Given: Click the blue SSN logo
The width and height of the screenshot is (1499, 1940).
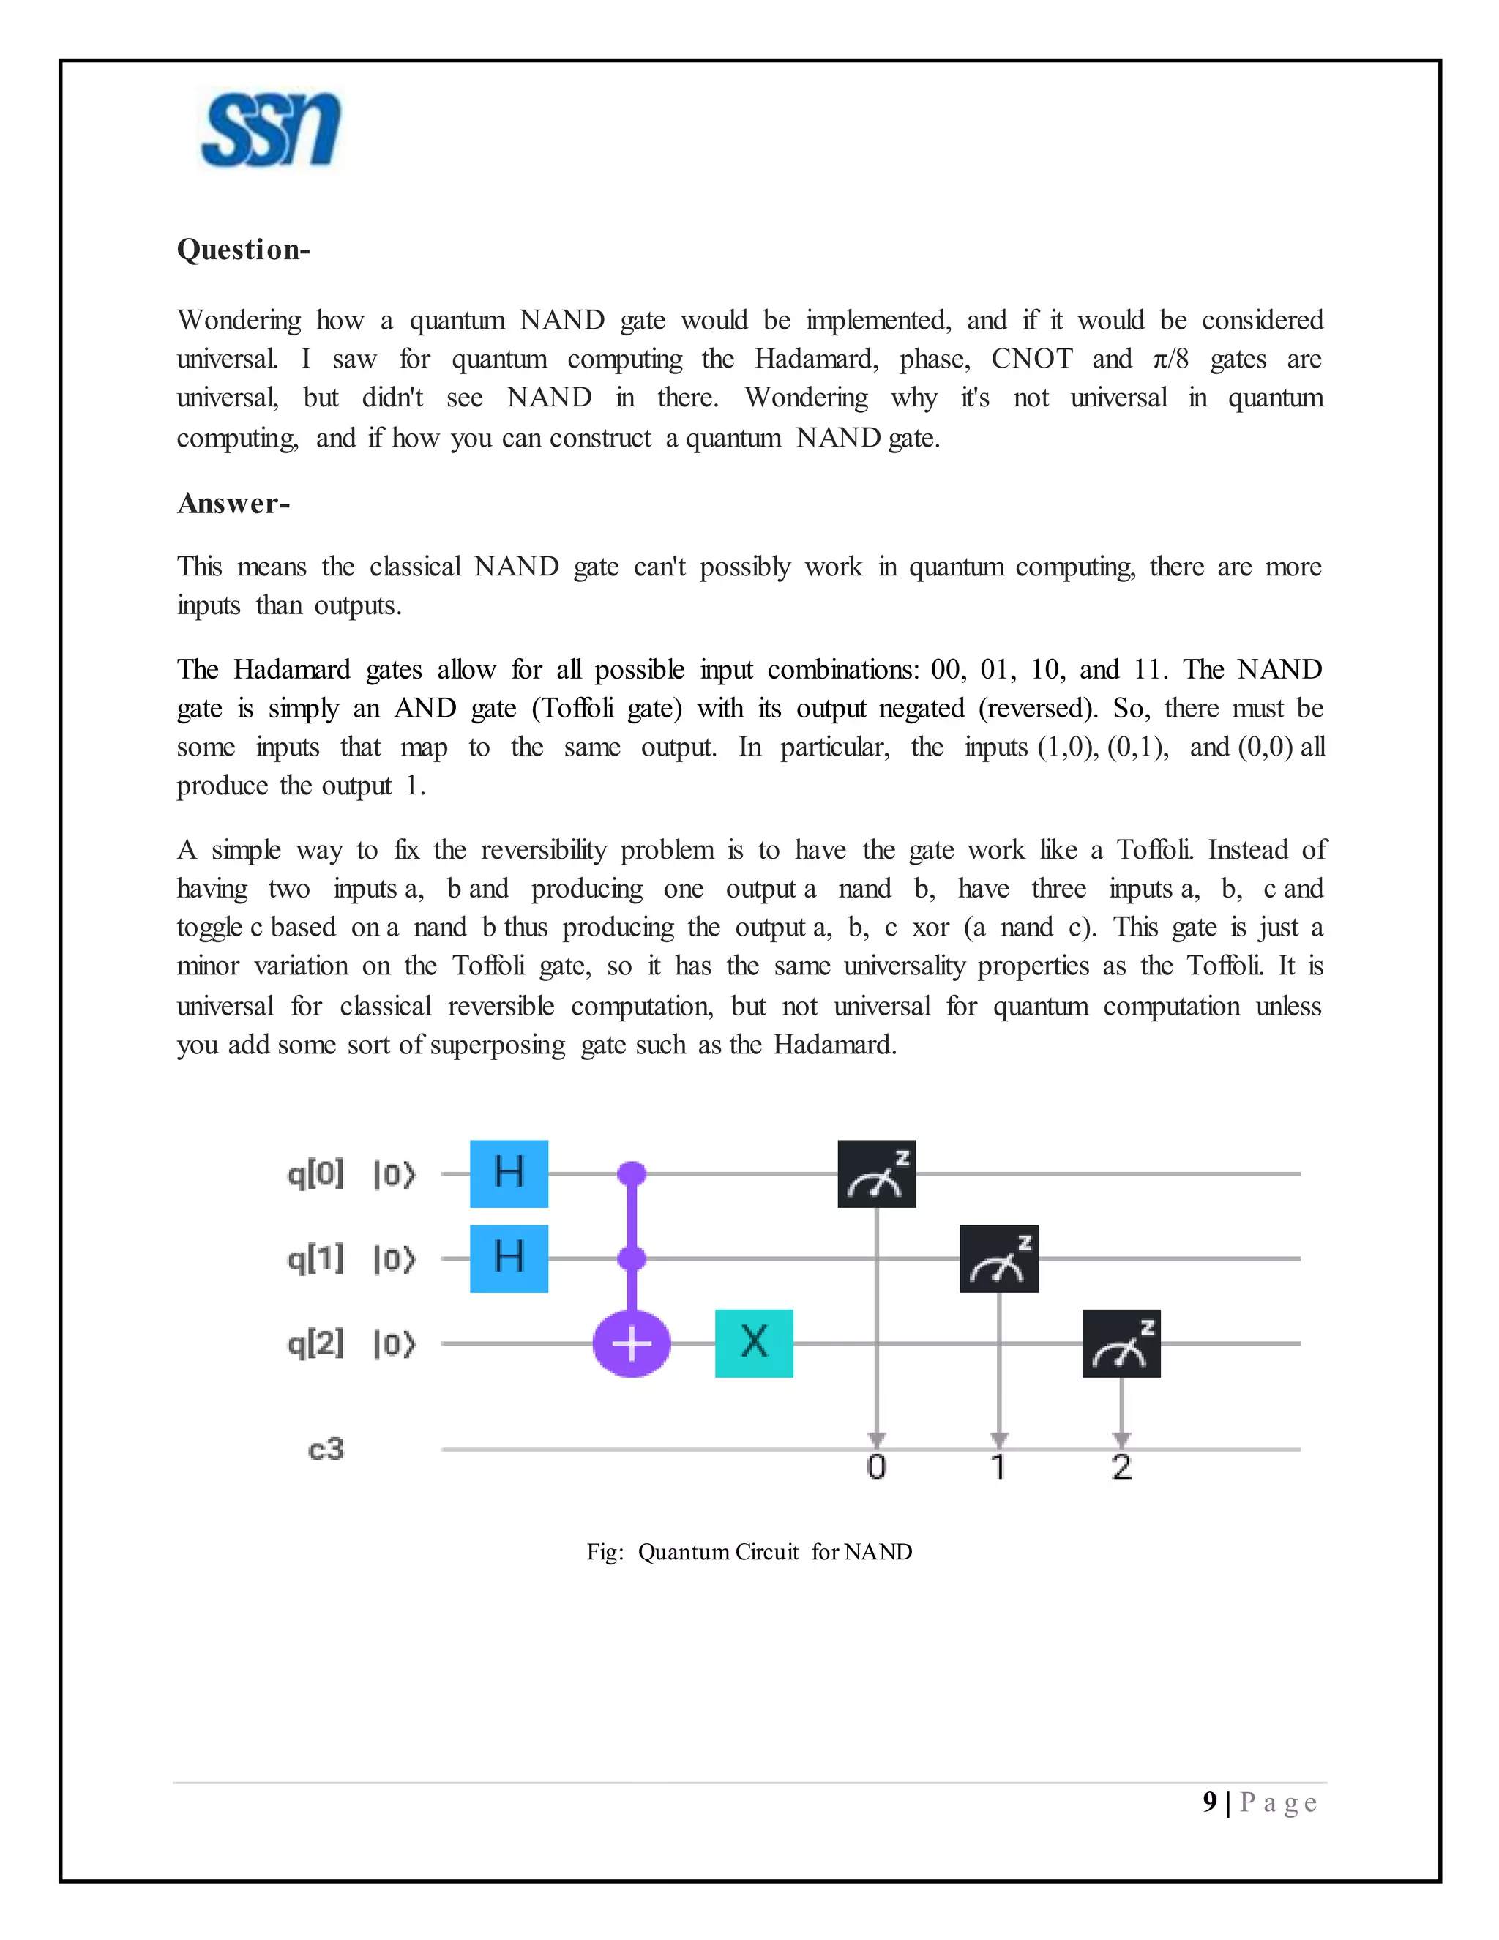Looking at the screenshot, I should [x=271, y=130].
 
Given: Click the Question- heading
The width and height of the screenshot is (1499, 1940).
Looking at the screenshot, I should [x=243, y=250].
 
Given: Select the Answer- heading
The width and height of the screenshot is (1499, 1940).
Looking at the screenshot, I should [x=233, y=504].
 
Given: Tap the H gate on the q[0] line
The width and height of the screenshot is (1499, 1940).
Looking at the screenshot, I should [x=509, y=1174].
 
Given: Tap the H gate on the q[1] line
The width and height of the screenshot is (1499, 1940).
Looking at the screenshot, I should [x=509, y=1258].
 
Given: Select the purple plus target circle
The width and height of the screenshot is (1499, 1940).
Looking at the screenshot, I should [x=632, y=1343].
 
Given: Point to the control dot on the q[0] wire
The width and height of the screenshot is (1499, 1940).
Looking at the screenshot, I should [x=632, y=1174].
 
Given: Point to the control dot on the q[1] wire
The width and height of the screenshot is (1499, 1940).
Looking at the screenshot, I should [x=632, y=1258].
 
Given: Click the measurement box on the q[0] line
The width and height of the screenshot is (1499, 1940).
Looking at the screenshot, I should [x=876, y=1174].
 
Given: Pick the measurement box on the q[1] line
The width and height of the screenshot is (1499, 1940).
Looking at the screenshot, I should [x=999, y=1258].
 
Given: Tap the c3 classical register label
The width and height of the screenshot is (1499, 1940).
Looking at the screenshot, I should [x=326, y=1450].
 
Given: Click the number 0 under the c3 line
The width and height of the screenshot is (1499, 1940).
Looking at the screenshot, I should [x=876, y=1467].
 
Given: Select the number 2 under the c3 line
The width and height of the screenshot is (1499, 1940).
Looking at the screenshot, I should [x=1121, y=1467].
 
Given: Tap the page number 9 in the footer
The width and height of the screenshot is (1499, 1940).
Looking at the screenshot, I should [x=1209, y=1802].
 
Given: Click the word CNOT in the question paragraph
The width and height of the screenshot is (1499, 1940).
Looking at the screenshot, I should [x=1031, y=359].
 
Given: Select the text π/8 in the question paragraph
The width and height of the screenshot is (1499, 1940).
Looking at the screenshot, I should [x=1170, y=359].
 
